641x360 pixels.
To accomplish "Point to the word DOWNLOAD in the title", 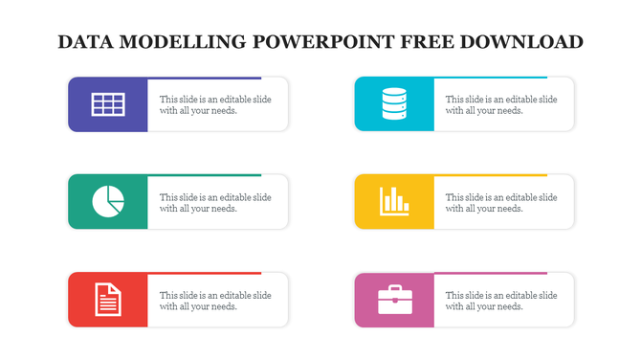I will tap(522, 42).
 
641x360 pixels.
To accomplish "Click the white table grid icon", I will tap(107, 104).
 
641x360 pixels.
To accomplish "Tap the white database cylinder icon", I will tap(394, 104).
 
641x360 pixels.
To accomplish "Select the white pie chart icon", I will tap(107, 201).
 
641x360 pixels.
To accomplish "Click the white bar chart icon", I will tap(394, 201).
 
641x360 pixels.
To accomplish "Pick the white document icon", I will tap(107, 300).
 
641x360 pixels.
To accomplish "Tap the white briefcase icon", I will tap(394, 300).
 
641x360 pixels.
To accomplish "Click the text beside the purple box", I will tap(215, 104).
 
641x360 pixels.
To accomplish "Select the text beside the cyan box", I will tap(501, 104).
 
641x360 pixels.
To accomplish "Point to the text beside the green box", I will tap(215, 203).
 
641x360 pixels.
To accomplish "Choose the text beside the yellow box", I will tap(501, 203).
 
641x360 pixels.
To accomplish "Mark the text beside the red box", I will tap(215, 301).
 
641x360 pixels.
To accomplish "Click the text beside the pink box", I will tap(501, 301).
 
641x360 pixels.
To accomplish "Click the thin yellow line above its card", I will tap(490, 175).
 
